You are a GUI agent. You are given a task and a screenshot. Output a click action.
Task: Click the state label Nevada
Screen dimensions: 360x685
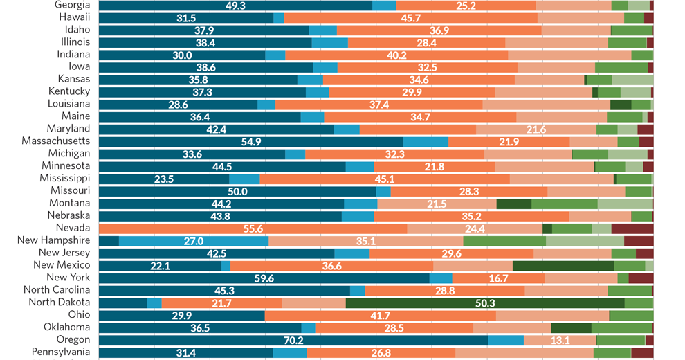pos(73,228)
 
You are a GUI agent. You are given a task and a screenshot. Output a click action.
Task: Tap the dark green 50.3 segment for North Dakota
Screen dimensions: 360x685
pos(485,303)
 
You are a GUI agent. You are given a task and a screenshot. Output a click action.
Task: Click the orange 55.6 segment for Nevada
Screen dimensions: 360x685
pos(253,228)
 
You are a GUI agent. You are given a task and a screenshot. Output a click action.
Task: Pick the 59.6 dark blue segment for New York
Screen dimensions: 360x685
pos(264,278)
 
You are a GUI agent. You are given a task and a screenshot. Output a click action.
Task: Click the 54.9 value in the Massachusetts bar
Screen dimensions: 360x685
pos(250,141)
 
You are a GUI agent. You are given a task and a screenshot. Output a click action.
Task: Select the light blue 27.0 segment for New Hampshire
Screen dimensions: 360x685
pos(193,240)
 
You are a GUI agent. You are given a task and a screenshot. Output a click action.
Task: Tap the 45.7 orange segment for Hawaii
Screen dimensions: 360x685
pos(411,18)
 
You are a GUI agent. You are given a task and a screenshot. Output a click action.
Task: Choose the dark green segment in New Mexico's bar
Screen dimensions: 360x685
pos(563,265)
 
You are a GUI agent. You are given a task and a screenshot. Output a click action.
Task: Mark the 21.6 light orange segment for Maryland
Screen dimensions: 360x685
pos(536,129)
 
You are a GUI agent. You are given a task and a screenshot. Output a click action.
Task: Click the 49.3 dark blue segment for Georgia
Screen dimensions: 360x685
pos(236,6)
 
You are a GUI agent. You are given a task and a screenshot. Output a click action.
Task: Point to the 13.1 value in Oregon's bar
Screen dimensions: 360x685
pos(560,340)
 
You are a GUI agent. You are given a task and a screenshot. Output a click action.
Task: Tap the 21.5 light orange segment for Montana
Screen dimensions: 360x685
pos(437,204)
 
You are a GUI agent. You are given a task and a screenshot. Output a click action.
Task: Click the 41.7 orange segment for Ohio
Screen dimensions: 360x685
pos(380,315)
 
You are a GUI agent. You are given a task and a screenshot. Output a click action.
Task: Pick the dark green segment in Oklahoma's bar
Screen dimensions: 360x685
pos(571,327)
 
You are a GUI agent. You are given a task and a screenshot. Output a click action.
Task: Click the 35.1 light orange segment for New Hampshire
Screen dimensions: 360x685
pos(365,240)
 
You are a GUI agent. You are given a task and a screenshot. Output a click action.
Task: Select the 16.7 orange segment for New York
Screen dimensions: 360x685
pos(498,278)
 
